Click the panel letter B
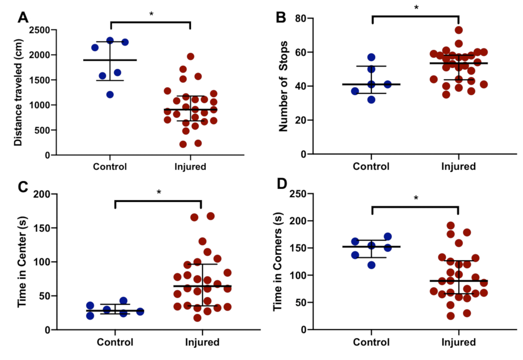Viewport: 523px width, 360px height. coord(282,17)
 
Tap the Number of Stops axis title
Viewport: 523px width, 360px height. coord(282,86)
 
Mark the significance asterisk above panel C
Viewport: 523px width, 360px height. coord(158,192)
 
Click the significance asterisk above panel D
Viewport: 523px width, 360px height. coord(416,198)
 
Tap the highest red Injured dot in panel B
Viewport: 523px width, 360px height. coord(458,30)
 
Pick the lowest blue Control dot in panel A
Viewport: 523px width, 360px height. coord(110,95)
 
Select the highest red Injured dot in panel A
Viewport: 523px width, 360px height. coord(190,56)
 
